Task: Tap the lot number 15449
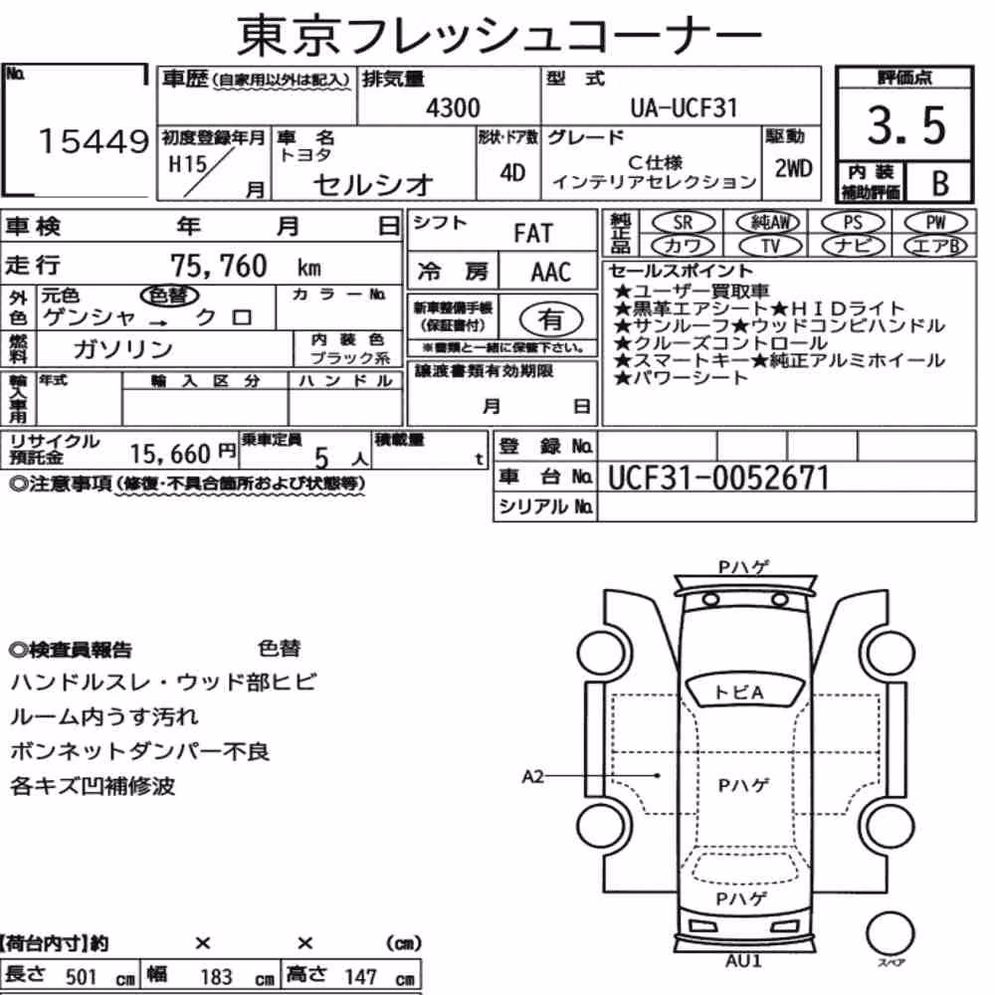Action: point(94,141)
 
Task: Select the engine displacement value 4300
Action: point(453,107)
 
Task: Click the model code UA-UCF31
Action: point(685,107)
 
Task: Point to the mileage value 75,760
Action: point(219,266)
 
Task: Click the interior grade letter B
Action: point(940,183)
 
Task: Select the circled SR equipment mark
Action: point(683,223)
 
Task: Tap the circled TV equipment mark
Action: point(770,246)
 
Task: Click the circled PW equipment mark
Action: point(935,223)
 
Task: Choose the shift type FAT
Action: point(533,234)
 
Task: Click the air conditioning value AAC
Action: point(550,273)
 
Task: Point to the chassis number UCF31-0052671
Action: point(718,478)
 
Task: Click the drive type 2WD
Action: point(793,168)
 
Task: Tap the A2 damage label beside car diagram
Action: point(532,776)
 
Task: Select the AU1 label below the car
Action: point(743,960)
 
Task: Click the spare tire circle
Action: point(890,933)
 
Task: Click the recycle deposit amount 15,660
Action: point(170,454)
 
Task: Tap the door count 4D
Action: point(512,172)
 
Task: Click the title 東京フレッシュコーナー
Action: point(498,35)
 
